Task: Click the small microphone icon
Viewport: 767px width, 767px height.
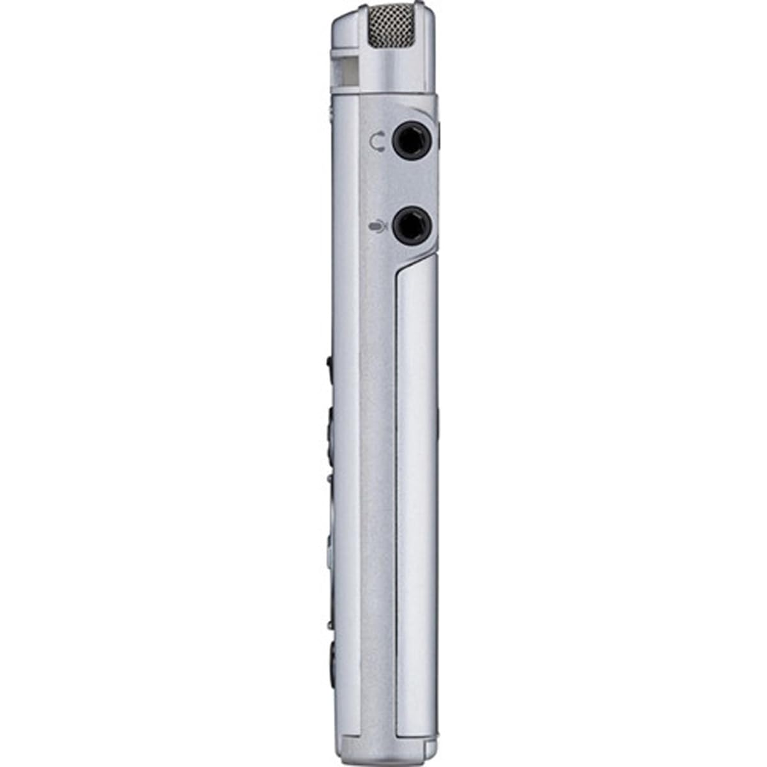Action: pos(379,226)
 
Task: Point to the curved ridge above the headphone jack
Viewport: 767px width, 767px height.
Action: pos(415,109)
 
